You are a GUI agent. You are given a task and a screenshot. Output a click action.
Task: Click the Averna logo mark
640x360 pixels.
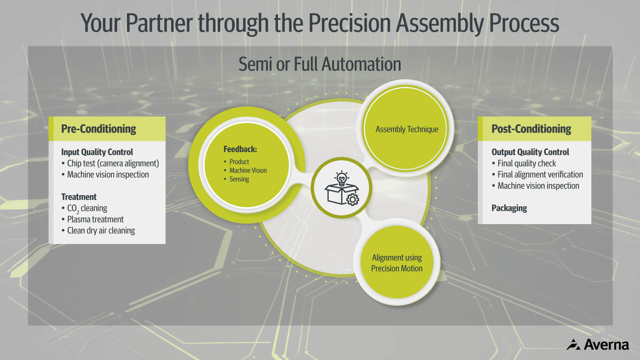point(573,345)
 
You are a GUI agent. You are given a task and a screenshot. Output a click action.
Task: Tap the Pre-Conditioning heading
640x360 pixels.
point(98,129)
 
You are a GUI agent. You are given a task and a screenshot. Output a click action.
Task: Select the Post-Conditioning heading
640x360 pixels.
point(531,129)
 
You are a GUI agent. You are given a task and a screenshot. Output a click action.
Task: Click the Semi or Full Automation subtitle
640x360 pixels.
point(320,64)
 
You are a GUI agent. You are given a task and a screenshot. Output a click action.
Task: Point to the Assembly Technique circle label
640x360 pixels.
point(407,129)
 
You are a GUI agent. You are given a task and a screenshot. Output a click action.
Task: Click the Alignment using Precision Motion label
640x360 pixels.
point(397,263)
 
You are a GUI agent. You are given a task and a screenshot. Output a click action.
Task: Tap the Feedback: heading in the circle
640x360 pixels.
point(240,149)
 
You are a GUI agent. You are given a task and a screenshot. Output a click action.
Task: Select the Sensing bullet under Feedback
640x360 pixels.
point(239,179)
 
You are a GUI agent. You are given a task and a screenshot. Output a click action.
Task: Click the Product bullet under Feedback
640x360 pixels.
point(239,162)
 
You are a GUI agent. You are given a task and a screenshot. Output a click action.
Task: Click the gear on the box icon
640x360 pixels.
point(353,199)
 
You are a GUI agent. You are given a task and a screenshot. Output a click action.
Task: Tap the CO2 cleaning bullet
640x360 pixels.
point(87,208)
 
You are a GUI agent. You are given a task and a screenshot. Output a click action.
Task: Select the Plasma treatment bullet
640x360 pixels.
point(95,219)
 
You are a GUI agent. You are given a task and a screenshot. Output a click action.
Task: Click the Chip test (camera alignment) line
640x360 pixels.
point(113,163)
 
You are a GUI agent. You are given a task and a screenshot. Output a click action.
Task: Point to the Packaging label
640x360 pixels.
point(509,208)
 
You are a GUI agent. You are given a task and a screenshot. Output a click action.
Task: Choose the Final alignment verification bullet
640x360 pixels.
point(540,175)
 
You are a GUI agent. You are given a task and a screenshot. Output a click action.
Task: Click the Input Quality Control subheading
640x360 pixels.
point(97,152)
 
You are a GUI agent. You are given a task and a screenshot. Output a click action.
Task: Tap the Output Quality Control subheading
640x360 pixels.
point(530,152)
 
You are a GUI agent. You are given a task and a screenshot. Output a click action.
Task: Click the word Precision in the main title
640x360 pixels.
point(349,23)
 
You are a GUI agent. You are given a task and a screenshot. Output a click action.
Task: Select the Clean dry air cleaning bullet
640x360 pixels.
point(101,231)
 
